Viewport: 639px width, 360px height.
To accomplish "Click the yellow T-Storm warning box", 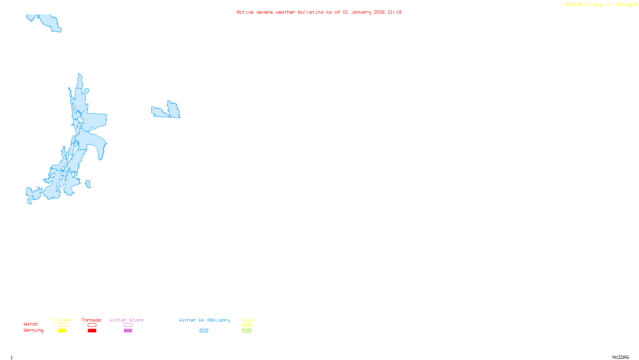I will click(x=62, y=331).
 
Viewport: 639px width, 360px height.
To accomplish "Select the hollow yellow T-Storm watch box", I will click(x=62, y=325).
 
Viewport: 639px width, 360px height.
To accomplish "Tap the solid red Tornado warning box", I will click(x=92, y=331).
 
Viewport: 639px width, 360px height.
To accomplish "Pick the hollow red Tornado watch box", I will click(x=92, y=325).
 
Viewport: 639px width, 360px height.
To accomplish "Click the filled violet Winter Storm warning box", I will click(x=128, y=331).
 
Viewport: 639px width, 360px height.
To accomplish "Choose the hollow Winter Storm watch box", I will click(x=128, y=325).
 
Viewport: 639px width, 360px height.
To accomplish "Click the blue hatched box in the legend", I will click(x=204, y=331).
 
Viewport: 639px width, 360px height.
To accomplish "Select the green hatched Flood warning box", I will click(x=246, y=331).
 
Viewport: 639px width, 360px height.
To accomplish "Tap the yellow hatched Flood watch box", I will click(x=246, y=325).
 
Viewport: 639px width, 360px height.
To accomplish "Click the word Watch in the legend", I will click(x=31, y=324).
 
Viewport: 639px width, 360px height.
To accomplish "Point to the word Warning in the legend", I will click(x=33, y=330).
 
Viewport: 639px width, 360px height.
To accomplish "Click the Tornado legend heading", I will click(x=91, y=320).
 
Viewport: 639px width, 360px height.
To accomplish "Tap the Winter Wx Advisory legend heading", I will click(x=204, y=320).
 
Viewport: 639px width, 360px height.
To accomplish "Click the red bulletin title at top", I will click(x=319, y=12).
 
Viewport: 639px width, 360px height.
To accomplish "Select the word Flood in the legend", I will click(x=246, y=320).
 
